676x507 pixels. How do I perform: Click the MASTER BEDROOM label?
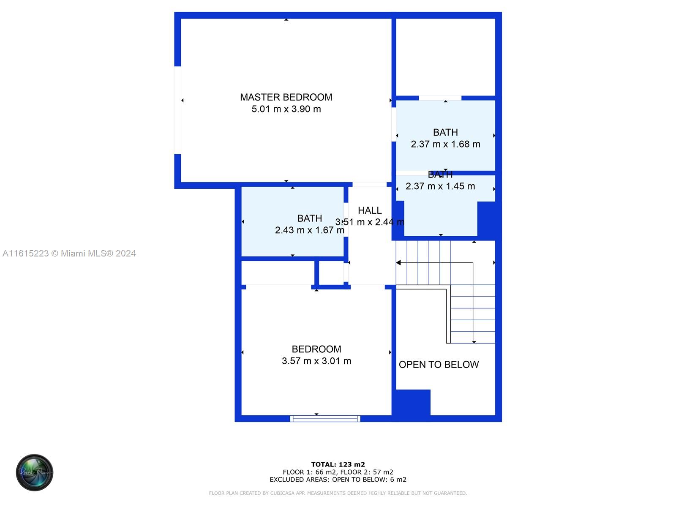pyautogui.click(x=286, y=97)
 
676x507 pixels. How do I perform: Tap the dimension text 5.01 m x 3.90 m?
pyautogui.click(x=286, y=109)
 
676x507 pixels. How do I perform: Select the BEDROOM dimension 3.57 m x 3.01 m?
pyautogui.click(x=316, y=361)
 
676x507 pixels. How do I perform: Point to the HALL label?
pyautogui.click(x=370, y=210)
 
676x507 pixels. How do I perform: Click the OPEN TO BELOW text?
pyautogui.click(x=439, y=365)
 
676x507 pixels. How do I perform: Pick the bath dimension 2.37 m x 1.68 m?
pyautogui.click(x=445, y=144)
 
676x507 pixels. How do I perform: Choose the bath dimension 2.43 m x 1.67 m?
pyautogui.click(x=309, y=230)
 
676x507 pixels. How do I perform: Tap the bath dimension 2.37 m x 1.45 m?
pyautogui.click(x=440, y=186)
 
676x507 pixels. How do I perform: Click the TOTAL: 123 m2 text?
pyautogui.click(x=338, y=464)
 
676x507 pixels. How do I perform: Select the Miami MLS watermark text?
pyautogui.click(x=69, y=253)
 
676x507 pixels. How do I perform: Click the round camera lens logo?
pyautogui.click(x=35, y=472)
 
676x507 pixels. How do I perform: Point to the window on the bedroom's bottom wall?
pyautogui.click(x=325, y=419)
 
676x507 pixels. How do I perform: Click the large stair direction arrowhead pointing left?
pyautogui.click(x=398, y=263)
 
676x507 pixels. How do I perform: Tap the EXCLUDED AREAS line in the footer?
pyautogui.click(x=338, y=480)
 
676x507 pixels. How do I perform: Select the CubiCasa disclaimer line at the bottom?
pyautogui.click(x=338, y=493)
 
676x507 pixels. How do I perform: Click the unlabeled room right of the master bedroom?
pyautogui.click(x=445, y=57)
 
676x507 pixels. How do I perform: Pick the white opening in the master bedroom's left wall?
pyautogui.click(x=178, y=110)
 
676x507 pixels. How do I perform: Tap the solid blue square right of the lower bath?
pyautogui.click(x=486, y=219)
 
